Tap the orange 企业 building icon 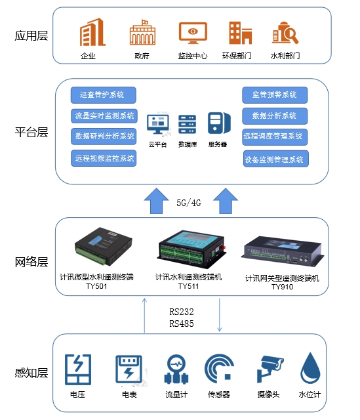pos(88,33)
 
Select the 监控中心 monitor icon pos(192,33)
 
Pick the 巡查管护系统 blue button pos(102,94)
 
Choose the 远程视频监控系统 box pos(104,157)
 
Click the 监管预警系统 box pos(275,94)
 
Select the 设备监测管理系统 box pos(275,159)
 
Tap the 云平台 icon pos(157,123)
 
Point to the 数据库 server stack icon pos(188,123)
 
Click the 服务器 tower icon pos(218,123)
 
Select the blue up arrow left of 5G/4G pos(156,200)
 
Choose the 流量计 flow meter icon pos(176,371)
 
